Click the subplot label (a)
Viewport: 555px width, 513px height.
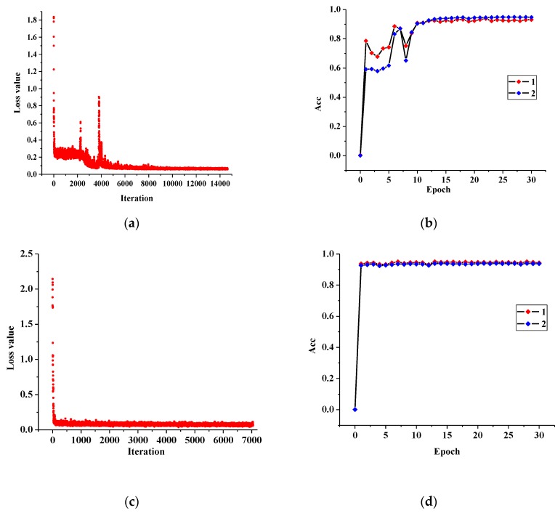[x=131, y=224]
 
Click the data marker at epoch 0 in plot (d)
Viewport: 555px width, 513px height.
[x=355, y=410]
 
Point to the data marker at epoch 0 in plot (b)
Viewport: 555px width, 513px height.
[x=360, y=155]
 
